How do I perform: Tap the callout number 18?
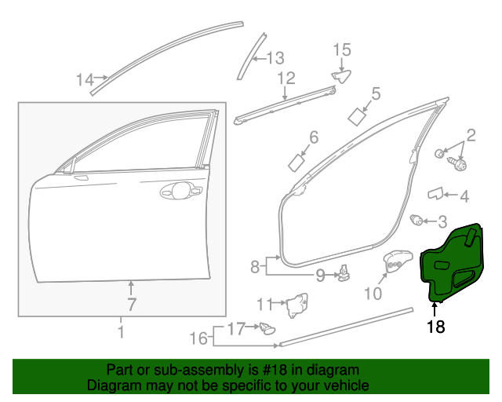pos(435,327)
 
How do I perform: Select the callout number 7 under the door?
pos(132,304)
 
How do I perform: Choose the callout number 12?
pos(286,79)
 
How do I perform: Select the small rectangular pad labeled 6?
pos(298,163)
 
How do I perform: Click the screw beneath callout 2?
pos(458,165)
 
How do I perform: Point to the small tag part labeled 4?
pos(435,192)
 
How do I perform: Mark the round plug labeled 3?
pos(418,220)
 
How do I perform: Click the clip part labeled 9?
pos(344,274)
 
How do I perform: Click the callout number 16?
pos(200,338)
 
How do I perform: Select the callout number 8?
pos(255,267)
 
